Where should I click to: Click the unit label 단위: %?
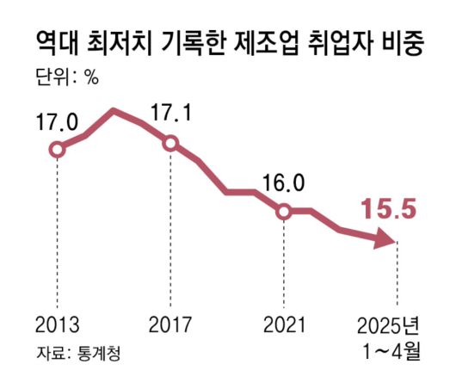pyautogui.click(x=67, y=77)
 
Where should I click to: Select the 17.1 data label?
pyautogui.click(x=170, y=114)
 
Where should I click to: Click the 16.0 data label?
pyautogui.click(x=284, y=182)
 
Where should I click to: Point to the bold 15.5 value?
pyautogui.click(x=388, y=209)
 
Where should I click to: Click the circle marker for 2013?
pyautogui.click(x=57, y=150)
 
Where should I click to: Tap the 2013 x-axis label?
pyautogui.click(x=57, y=325)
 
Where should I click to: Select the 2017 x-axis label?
pyautogui.click(x=170, y=325)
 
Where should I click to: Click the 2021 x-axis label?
pyautogui.click(x=284, y=325)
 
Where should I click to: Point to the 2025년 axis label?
pyautogui.click(x=389, y=325)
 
